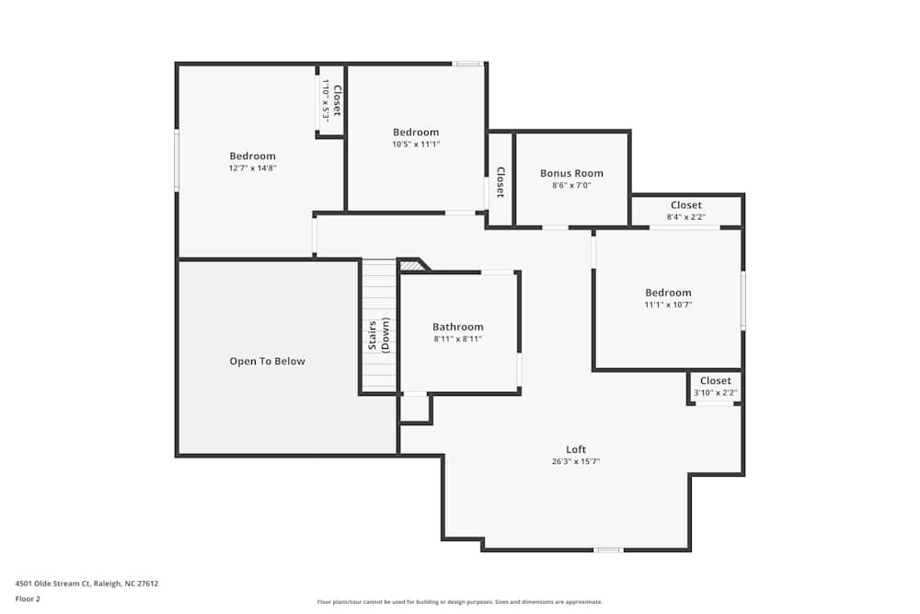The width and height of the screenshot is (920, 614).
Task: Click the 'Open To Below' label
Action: tap(267, 362)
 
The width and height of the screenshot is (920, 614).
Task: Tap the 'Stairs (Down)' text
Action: tap(379, 334)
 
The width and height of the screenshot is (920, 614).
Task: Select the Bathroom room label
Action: tap(457, 327)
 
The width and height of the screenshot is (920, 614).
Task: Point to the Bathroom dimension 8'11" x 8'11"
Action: tap(457, 339)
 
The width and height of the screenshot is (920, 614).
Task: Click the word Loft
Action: tap(576, 449)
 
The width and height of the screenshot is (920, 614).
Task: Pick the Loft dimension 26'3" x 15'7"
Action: tap(576, 461)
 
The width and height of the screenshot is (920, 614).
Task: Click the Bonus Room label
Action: tap(571, 173)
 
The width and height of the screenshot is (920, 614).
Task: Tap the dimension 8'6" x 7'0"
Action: tap(571, 185)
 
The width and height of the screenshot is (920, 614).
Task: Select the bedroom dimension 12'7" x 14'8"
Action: tap(252, 168)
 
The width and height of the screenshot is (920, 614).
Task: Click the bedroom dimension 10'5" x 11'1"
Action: tap(416, 144)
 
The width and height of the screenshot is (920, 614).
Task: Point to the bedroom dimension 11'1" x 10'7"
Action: tap(668, 305)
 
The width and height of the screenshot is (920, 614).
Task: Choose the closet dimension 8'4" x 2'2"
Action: tap(686, 217)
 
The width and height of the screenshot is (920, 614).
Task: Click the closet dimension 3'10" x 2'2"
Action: tap(715, 393)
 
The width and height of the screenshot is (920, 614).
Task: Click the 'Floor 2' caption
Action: tap(28, 598)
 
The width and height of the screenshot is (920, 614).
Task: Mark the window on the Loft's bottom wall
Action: tap(607, 550)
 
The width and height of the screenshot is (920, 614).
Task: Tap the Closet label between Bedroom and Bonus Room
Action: tap(500, 181)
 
